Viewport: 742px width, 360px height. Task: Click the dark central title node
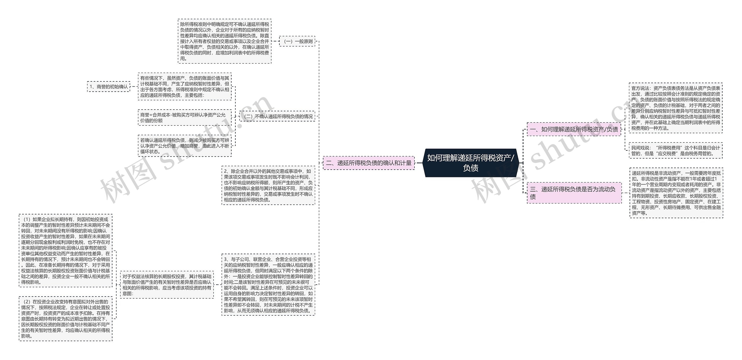470,163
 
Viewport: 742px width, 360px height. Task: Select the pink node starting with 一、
574,129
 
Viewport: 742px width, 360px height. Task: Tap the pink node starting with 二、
368,163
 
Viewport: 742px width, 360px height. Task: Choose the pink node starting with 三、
574,193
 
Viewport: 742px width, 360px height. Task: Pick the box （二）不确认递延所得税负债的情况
277,116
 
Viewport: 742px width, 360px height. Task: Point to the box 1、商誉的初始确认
109,87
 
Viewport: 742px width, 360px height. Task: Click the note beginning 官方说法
675,108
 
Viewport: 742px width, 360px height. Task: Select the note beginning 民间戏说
675,150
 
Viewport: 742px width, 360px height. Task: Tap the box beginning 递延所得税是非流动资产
676,193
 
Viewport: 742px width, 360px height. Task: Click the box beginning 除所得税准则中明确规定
224,41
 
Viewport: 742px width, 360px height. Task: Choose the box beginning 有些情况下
185,87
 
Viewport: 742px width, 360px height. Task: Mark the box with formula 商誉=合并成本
185,117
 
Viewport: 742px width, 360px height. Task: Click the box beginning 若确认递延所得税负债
185,146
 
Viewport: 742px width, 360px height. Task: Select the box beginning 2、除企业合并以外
268,186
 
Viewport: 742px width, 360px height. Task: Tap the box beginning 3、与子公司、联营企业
268,285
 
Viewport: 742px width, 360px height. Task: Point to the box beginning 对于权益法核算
167,285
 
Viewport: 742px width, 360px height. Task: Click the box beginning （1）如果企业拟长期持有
66,251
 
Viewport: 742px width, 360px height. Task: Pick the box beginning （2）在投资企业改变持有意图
66,319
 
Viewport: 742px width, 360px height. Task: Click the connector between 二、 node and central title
419,163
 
